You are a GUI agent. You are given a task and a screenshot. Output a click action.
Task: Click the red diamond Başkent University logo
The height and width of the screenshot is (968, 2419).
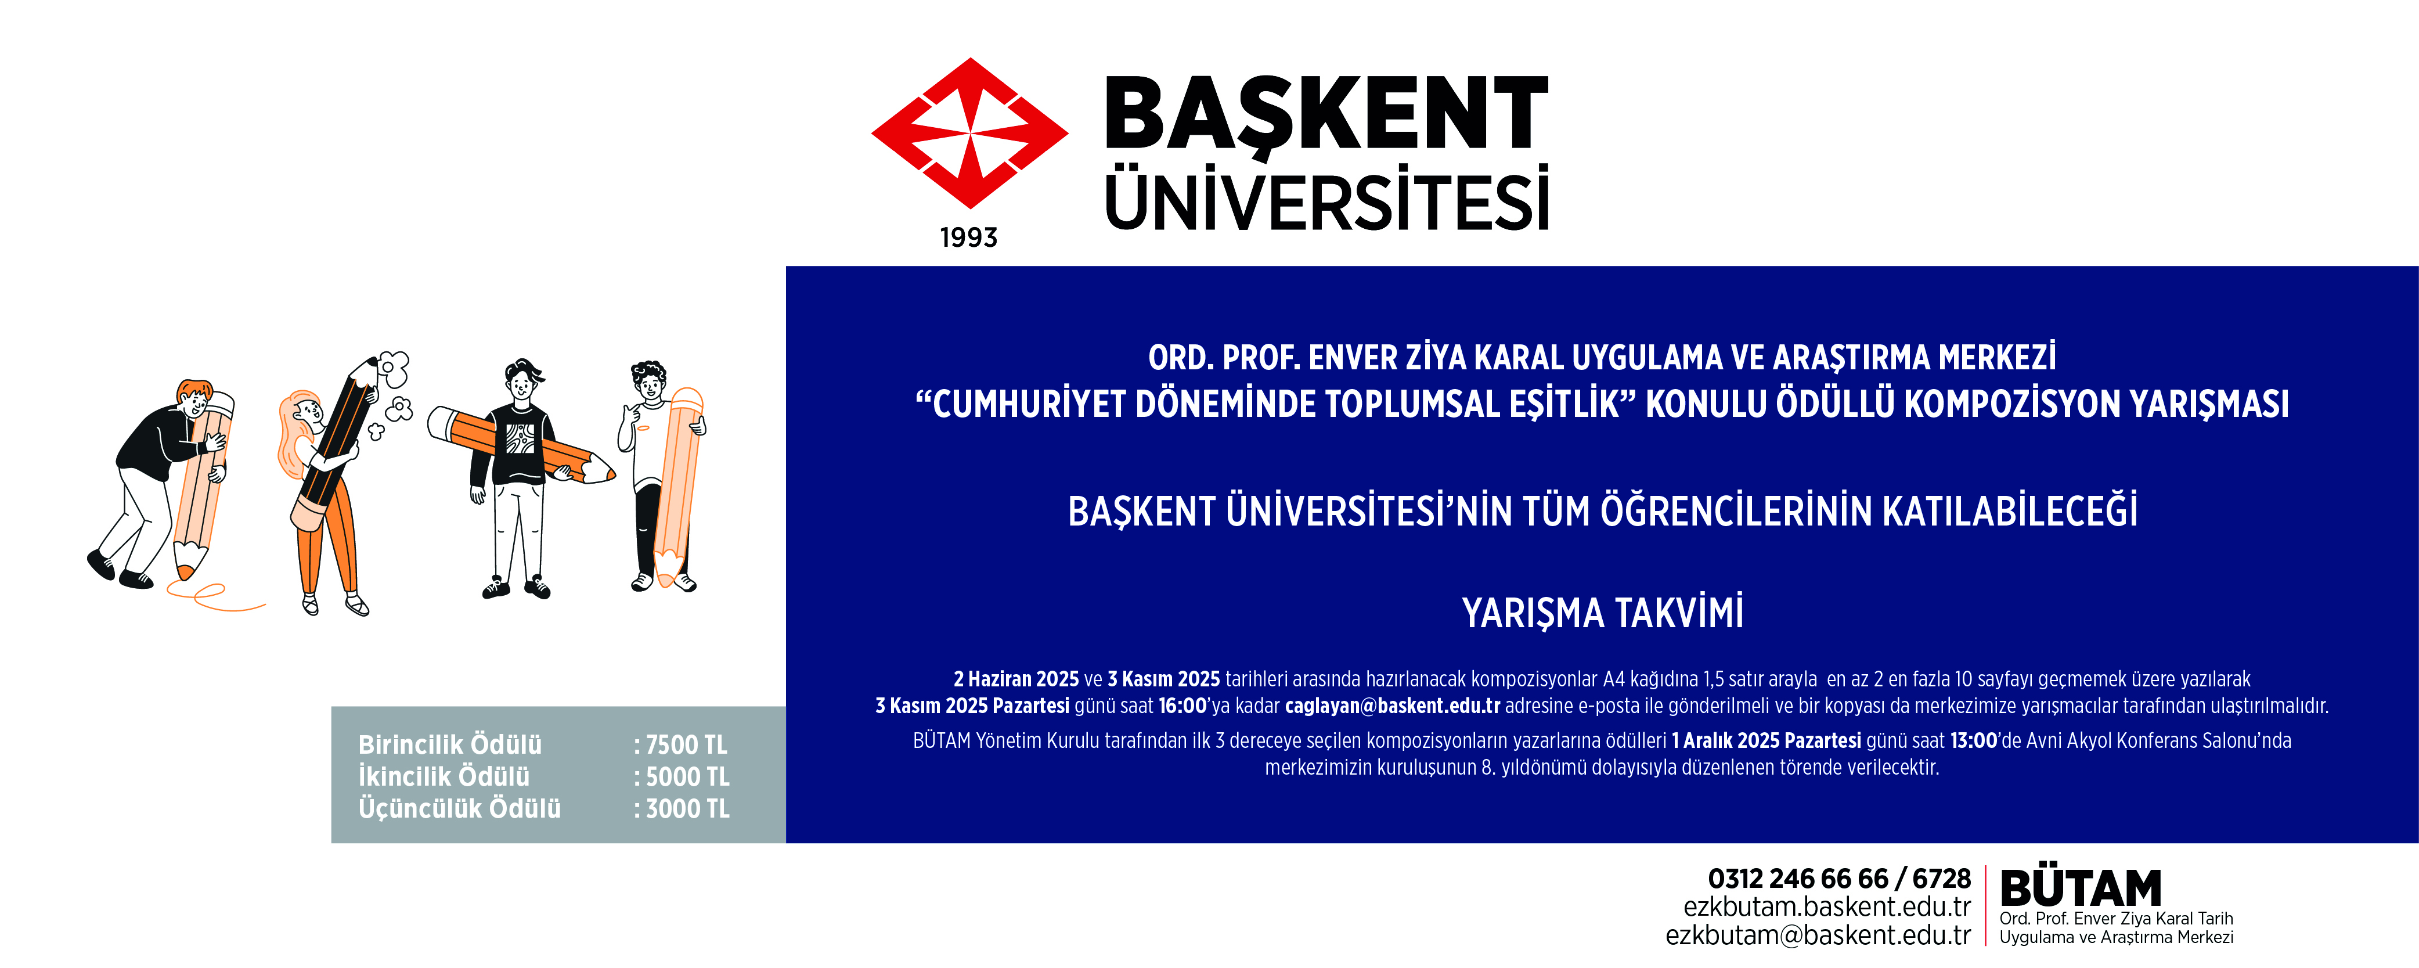click(x=969, y=134)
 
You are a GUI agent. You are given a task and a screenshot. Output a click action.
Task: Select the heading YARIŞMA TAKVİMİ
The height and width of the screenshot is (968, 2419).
click(x=1602, y=612)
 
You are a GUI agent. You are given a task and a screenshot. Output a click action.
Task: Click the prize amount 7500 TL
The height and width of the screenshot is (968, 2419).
click(x=686, y=744)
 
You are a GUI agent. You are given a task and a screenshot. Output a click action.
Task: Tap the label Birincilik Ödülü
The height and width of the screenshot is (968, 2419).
click(x=450, y=744)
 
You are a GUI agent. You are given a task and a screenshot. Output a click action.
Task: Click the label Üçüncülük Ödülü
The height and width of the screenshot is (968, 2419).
click(x=459, y=808)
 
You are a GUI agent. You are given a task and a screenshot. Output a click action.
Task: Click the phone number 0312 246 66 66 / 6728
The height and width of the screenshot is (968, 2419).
click(x=1838, y=879)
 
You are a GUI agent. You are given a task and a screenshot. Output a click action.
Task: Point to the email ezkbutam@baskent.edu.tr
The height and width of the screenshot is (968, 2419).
click(x=1818, y=935)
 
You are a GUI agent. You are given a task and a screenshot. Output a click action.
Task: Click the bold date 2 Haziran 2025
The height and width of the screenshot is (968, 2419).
click(x=1016, y=679)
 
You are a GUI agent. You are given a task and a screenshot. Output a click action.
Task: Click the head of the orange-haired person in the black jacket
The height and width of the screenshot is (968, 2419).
click(x=194, y=399)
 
